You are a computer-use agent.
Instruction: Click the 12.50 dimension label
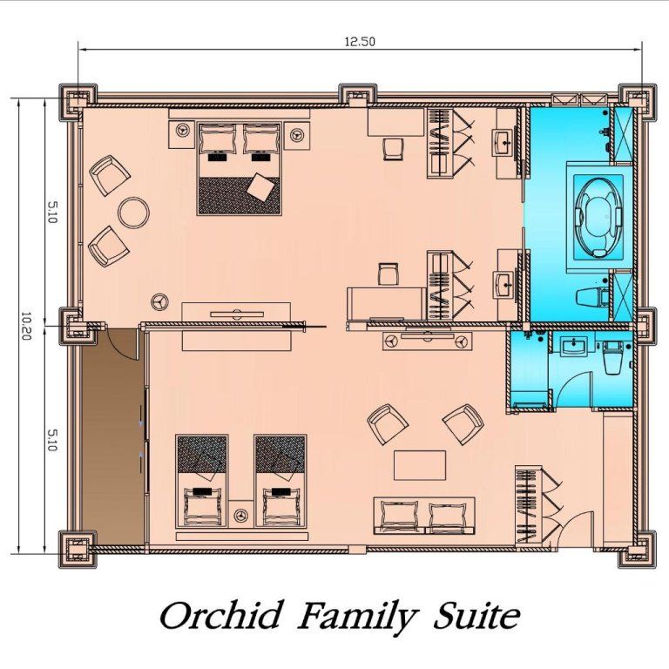(x=360, y=42)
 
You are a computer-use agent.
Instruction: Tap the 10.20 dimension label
(x=25, y=326)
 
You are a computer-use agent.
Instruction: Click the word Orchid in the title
(x=221, y=615)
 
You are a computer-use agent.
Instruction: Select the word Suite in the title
(x=476, y=615)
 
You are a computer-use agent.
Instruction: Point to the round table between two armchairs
(x=133, y=213)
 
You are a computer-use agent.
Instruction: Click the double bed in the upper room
(x=239, y=168)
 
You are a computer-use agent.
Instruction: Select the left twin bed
(x=202, y=481)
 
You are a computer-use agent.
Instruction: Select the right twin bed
(x=280, y=481)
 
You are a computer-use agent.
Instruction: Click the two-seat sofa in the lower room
(x=424, y=516)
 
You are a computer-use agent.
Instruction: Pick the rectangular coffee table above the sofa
(x=420, y=465)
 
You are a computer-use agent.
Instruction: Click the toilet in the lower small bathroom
(x=613, y=357)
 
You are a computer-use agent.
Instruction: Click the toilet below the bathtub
(x=592, y=296)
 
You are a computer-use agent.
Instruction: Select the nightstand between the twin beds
(x=241, y=514)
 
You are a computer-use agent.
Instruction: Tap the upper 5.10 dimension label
(x=51, y=213)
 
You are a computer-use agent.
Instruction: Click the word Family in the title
(x=357, y=616)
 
